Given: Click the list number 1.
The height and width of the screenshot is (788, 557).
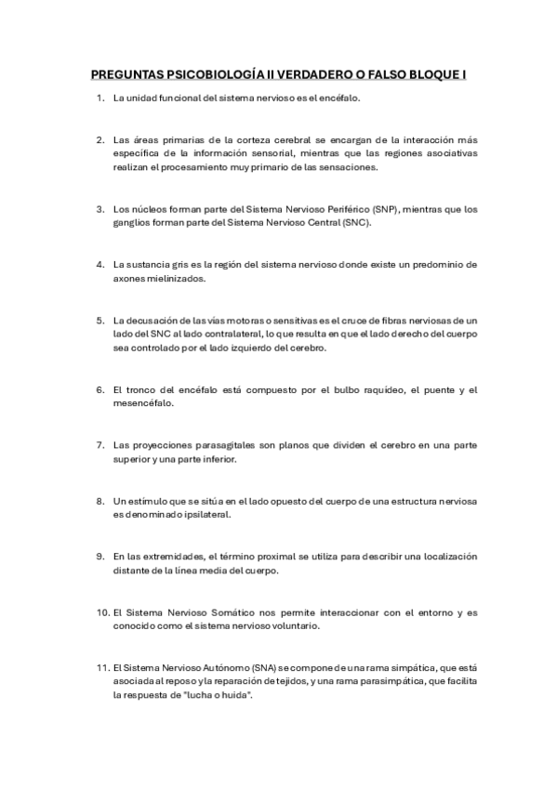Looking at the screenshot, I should pyautogui.click(x=99, y=98).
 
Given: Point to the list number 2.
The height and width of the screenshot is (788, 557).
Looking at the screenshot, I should pyautogui.click(x=99, y=139).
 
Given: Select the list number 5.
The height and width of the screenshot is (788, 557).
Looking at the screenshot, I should pyautogui.click(x=99, y=319).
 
